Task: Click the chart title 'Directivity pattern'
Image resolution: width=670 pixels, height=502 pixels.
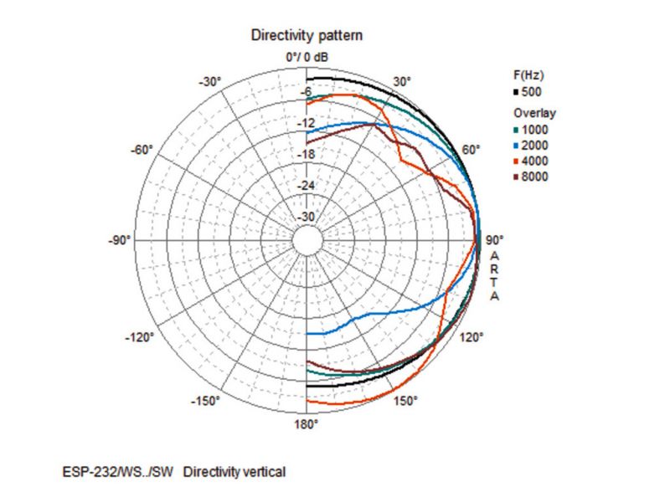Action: coord(307,37)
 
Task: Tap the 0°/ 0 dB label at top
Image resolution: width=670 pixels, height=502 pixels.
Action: coord(307,57)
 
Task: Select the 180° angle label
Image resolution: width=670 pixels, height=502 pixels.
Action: coord(307,424)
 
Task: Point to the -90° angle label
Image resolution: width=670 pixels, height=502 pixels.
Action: coord(120,241)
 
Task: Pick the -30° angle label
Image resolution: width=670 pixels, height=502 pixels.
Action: coord(209,82)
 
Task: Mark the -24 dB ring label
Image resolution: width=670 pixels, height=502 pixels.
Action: coord(307,185)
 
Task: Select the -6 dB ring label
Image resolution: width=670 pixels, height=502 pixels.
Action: coord(307,93)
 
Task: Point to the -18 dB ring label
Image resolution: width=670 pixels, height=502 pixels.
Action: coord(307,155)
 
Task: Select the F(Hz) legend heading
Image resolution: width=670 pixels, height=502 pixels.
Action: coord(529,75)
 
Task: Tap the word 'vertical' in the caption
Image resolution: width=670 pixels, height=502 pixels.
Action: coord(264,473)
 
